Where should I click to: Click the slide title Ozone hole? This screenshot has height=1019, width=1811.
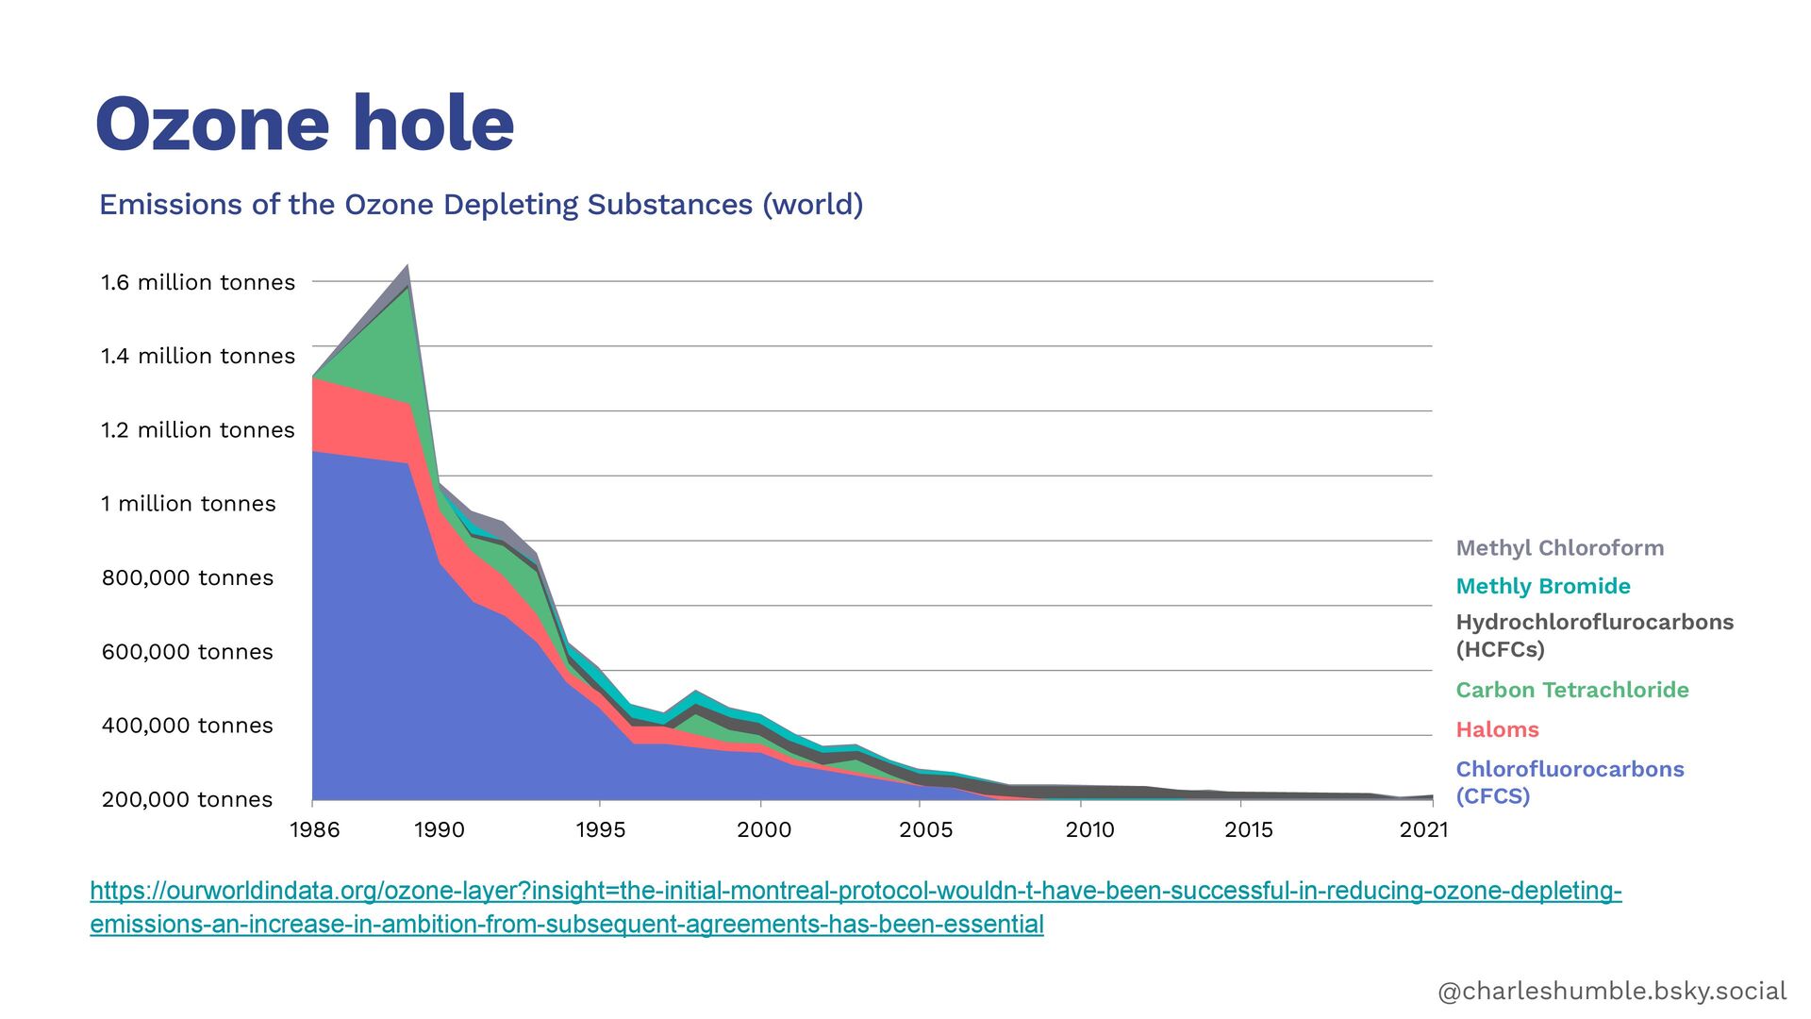click(x=305, y=124)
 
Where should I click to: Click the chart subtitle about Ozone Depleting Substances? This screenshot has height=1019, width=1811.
click(x=481, y=205)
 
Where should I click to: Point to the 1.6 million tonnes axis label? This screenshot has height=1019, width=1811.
click(x=198, y=282)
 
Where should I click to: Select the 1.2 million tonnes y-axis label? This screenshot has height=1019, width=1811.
click(x=198, y=430)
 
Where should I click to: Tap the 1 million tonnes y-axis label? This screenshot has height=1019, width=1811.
click(x=189, y=504)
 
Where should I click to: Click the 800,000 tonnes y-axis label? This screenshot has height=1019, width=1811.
click(x=188, y=577)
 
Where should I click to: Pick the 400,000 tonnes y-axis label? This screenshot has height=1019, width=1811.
click(x=188, y=726)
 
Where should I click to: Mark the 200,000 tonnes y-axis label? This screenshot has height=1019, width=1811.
click(x=188, y=799)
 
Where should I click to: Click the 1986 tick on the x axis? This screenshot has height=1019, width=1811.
click(x=315, y=829)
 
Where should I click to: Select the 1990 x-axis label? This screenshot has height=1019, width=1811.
click(x=440, y=829)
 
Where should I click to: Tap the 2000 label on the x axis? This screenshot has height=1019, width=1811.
click(x=764, y=829)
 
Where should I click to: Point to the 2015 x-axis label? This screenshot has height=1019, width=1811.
click(x=1249, y=829)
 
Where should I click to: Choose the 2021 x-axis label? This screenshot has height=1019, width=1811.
click(x=1423, y=829)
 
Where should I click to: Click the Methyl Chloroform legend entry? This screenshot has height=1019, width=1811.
click(x=1560, y=548)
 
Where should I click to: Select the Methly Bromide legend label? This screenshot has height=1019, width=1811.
click(x=1543, y=586)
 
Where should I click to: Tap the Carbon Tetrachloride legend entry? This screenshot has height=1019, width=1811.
click(x=1572, y=690)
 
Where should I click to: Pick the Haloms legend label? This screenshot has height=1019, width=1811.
click(x=1498, y=729)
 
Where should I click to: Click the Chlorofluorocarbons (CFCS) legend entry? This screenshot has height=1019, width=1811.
click(x=1570, y=782)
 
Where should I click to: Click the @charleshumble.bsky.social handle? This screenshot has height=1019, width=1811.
click(x=1612, y=991)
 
